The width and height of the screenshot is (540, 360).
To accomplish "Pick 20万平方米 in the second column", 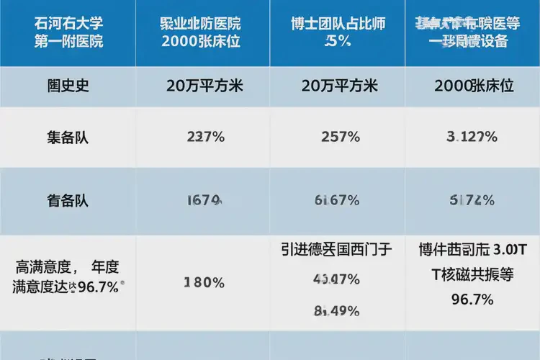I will click(204, 86).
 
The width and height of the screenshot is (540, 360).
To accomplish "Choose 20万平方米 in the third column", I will click(338, 86).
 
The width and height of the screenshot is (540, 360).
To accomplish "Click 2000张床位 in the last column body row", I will click(474, 86).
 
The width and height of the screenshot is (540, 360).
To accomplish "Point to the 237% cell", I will click(204, 137).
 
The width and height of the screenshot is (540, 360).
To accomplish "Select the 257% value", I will click(338, 137).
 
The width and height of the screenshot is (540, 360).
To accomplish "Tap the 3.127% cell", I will click(472, 137).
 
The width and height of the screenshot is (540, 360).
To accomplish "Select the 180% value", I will click(204, 282).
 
